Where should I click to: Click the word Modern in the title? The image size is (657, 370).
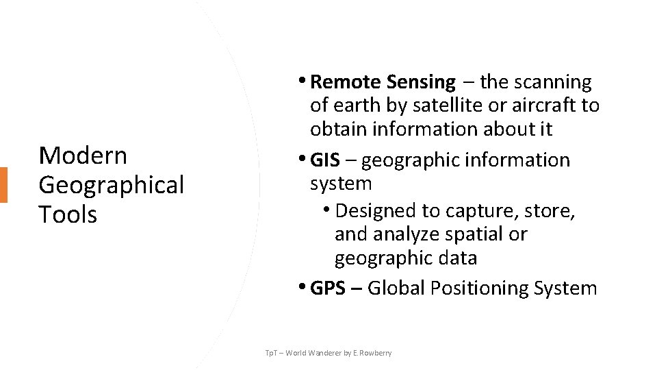pyautogui.click(x=83, y=156)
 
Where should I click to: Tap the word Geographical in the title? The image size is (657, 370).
pyautogui.click(x=111, y=185)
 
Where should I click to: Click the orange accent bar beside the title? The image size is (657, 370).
pyautogui.click(x=4, y=185)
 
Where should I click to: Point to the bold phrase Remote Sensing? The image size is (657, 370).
pyautogui.click(x=382, y=83)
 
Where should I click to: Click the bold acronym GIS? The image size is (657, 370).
pyautogui.click(x=325, y=161)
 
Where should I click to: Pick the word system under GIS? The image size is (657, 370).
pyautogui.click(x=341, y=184)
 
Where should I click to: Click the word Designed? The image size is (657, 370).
pyautogui.click(x=377, y=210)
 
